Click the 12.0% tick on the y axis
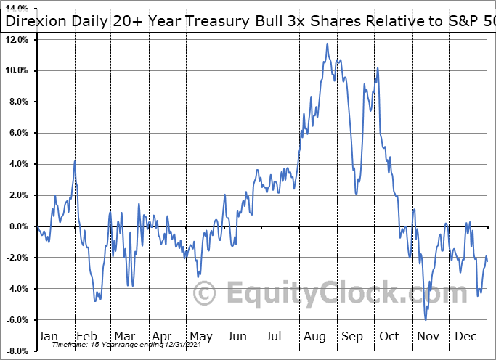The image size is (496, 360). point(17,39)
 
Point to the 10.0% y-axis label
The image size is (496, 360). point(17,70)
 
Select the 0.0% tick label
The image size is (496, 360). point(18,226)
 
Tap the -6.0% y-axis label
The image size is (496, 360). point(17,320)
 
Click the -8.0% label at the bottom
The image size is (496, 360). point(17,351)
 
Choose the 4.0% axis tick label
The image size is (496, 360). point(18,164)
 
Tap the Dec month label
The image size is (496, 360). point(466,336)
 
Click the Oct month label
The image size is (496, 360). point(390,336)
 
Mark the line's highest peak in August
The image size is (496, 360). point(328,44)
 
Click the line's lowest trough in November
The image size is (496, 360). point(426,319)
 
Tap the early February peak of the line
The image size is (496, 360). point(75,160)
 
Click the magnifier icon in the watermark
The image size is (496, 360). point(206,293)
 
